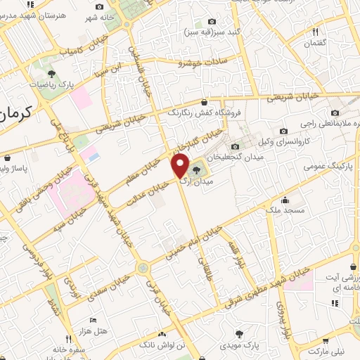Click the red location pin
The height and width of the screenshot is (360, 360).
(180, 167)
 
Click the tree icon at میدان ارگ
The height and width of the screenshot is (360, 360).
(196, 169)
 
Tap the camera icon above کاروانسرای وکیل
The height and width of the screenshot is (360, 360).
(283, 130)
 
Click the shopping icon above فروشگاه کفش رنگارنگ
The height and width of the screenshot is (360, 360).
(204, 101)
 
